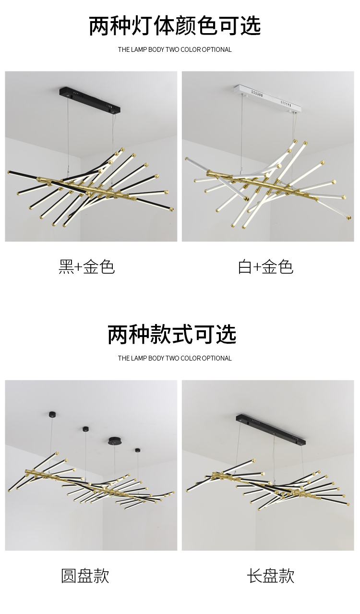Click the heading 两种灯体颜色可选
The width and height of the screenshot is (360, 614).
coord(175,26)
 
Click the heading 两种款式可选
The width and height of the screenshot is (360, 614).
coord(172,335)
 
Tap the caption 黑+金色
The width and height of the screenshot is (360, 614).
coord(86,267)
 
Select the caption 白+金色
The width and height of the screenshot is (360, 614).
coord(265,267)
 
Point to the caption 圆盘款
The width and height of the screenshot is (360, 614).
coord(85,576)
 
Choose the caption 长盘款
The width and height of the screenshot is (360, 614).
coord(271,576)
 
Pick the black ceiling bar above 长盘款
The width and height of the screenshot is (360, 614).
coord(271,430)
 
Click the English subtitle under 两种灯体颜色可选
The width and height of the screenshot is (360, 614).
coord(175,49)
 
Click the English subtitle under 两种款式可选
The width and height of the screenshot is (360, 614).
coord(175,358)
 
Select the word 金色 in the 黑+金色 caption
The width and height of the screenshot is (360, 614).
coord(99,267)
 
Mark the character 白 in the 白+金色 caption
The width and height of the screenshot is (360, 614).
coord(245,267)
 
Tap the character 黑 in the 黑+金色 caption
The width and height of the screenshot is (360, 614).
coord(66,267)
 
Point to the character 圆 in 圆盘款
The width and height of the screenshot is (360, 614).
coord(69,576)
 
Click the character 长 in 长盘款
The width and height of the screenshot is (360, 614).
coord(254,576)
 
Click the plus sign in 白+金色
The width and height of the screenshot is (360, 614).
coord(257,267)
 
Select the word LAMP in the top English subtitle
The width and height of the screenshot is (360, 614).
coord(139,49)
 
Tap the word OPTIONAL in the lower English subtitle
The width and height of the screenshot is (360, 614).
coord(217,358)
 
